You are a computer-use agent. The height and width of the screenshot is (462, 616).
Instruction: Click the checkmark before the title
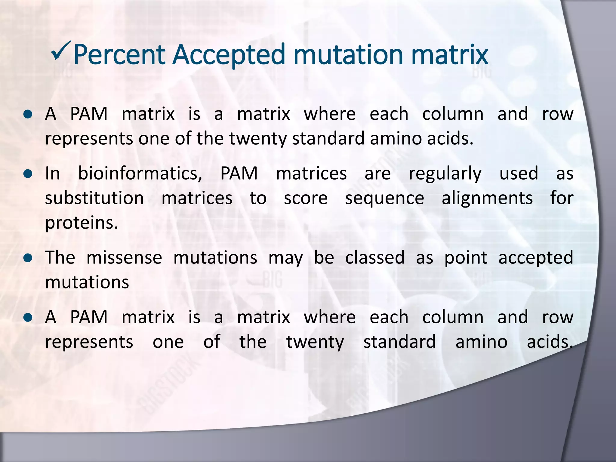click(61, 50)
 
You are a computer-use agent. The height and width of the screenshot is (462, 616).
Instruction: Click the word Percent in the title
click(119, 55)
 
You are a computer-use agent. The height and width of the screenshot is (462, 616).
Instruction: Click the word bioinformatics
click(140, 174)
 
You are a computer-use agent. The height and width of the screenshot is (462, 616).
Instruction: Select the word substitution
click(94, 198)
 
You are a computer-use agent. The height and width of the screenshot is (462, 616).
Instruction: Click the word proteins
click(81, 223)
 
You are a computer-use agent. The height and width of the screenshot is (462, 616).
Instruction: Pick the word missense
click(124, 258)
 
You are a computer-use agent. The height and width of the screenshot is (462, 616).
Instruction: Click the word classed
click(375, 258)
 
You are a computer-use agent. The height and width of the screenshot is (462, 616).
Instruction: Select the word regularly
click(445, 174)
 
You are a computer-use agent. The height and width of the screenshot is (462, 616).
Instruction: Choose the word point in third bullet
click(466, 258)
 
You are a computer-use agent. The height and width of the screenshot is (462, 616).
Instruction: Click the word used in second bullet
click(519, 174)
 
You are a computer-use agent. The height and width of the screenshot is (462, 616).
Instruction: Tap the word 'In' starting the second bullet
click(52, 174)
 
